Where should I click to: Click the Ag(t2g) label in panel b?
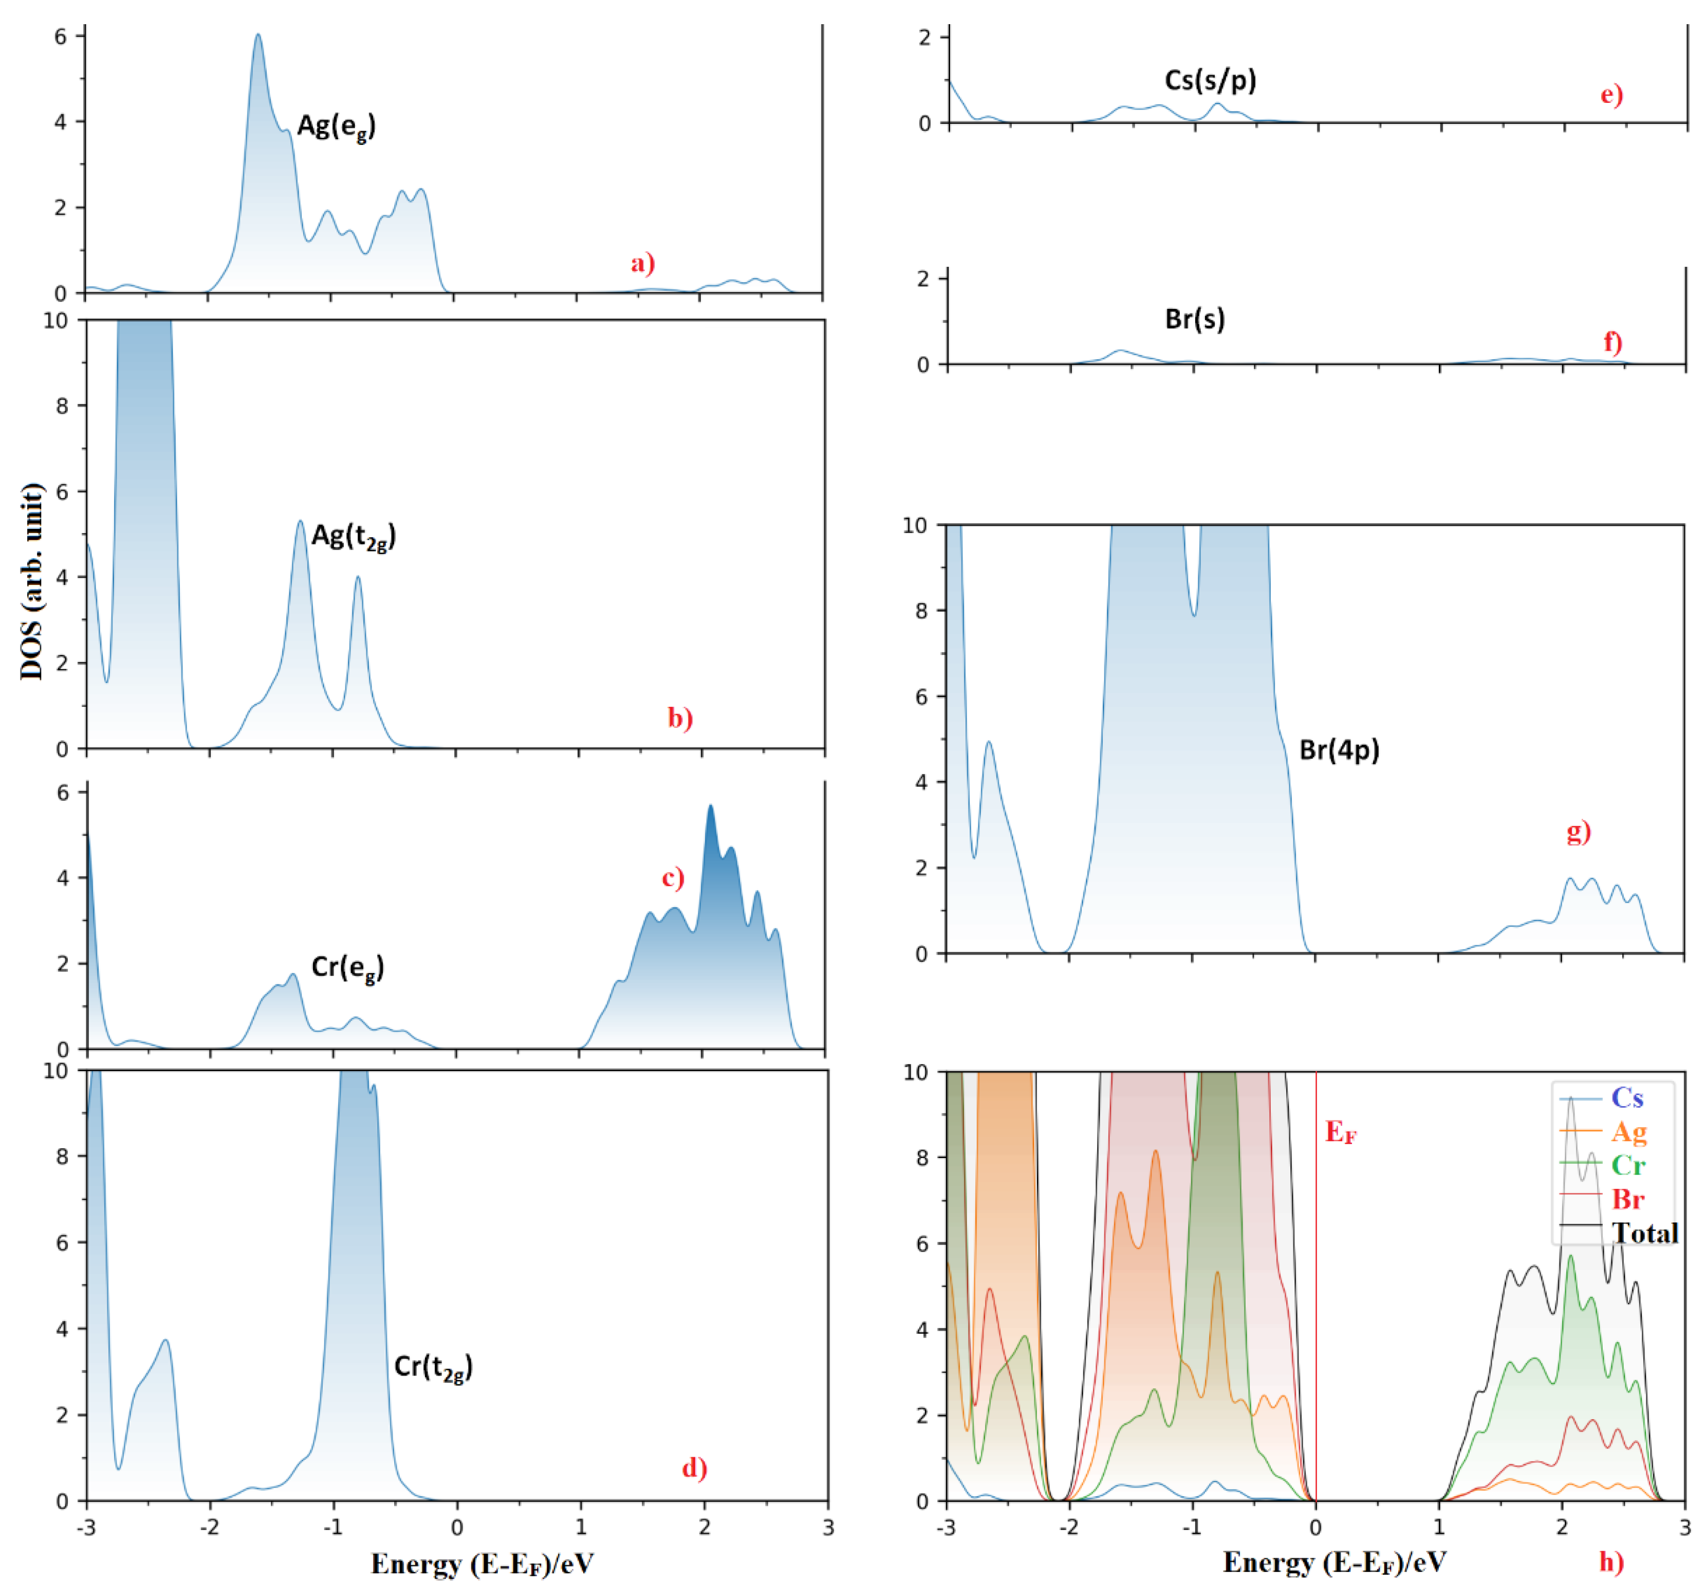354,537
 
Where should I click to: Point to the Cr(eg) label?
347,967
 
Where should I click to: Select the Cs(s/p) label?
1210,81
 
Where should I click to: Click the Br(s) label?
1195,319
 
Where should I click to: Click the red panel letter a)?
643,263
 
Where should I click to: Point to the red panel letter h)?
1611,1561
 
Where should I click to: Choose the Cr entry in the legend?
1628,1165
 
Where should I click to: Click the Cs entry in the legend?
1627,1097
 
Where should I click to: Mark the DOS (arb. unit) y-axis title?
32,581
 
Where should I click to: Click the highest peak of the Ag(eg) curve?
257,35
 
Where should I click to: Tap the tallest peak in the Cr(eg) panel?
710,806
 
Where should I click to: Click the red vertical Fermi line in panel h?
1315,1288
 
